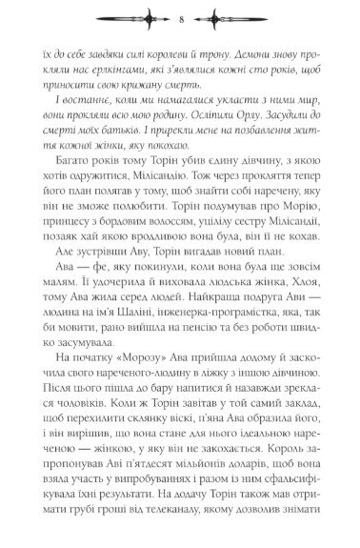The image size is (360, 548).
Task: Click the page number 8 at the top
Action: click(180, 16)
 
